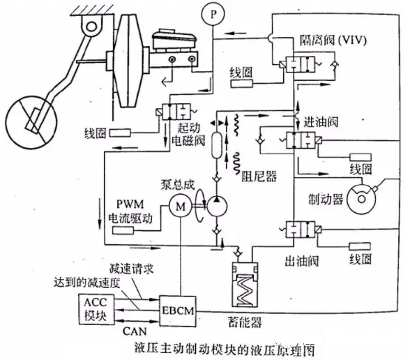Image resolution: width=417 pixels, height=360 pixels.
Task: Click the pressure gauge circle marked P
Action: point(213,14)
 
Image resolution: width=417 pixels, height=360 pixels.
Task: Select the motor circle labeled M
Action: point(181,207)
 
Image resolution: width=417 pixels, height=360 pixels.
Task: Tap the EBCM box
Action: point(178,310)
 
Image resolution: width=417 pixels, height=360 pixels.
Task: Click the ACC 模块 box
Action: point(96,308)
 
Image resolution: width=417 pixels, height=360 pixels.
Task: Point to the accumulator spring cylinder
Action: point(245,285)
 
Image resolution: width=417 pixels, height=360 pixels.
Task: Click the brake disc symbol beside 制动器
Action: point(361,199)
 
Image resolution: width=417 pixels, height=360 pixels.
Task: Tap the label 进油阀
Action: point(321,122)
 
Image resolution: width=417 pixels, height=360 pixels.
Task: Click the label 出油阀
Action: point(301,262)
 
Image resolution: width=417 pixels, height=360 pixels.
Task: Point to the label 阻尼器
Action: point(259,176)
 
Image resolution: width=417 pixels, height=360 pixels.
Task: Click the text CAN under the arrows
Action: point(135,331)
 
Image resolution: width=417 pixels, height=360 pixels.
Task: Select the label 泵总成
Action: point(178,185)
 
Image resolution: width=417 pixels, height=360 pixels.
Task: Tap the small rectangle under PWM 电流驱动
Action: point(123,230)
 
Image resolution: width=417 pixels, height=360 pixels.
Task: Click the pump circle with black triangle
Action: point(217,207)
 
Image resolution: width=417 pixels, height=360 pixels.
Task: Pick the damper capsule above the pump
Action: point(217,145)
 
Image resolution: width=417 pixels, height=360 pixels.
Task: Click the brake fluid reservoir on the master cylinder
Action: point(174,40)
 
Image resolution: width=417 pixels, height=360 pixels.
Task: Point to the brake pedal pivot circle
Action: point(91,26)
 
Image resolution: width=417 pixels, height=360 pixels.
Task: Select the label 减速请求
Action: point(131,269)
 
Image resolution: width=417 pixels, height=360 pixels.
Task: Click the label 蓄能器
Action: point(245,322)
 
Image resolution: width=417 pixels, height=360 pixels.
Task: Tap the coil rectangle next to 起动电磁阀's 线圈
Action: point(120,133)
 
